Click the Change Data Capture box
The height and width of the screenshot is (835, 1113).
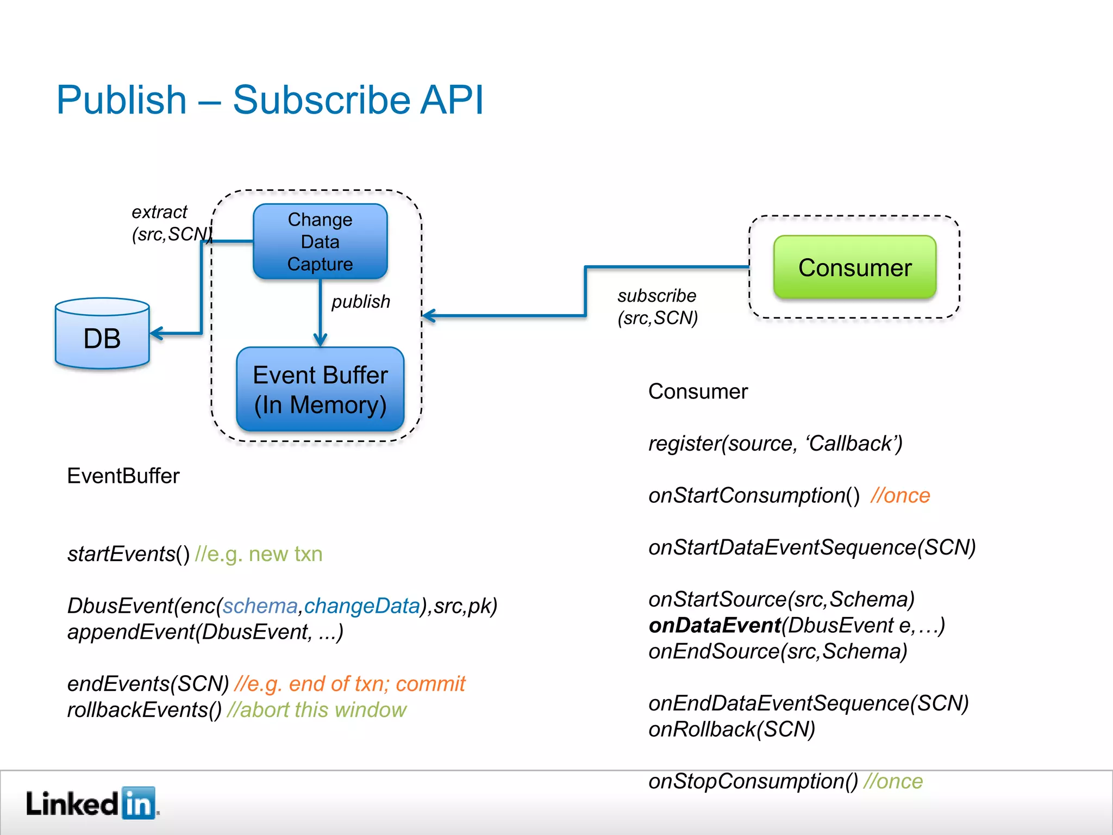tap(320, 241)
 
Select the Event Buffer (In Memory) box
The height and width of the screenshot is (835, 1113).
tap(320, 389)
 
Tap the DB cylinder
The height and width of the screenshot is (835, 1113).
tap(102, 334)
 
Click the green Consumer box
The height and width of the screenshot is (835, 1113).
tap(855, 267)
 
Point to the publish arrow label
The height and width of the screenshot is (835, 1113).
tap(361, 302)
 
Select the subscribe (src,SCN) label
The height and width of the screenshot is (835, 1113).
tap(658, 307)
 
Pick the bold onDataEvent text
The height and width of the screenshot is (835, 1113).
tap(715, 625)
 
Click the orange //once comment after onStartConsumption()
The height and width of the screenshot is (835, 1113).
tap(900, 496)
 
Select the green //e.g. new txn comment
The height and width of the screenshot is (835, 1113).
tap(259, 554)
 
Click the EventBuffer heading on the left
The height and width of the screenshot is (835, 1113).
tap(123, 476)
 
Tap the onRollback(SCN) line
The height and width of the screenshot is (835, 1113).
tap(731, 730)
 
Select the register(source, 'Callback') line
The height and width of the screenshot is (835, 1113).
tap(775, 444)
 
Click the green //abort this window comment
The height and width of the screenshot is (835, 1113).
tap(317, 710)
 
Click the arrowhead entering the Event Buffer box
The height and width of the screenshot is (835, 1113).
tap(320, 341)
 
